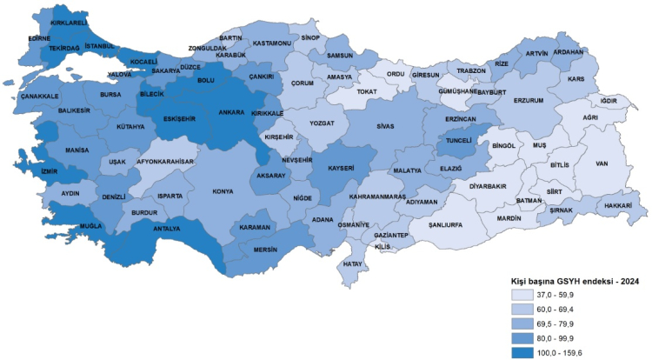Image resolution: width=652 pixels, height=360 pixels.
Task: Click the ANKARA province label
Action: tap(231, 111)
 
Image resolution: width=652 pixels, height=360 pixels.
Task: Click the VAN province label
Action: tap(600, 163)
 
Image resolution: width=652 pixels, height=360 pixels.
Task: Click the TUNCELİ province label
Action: tap(458, 139)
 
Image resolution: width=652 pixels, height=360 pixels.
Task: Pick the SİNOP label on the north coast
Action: tap(310, 38)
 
